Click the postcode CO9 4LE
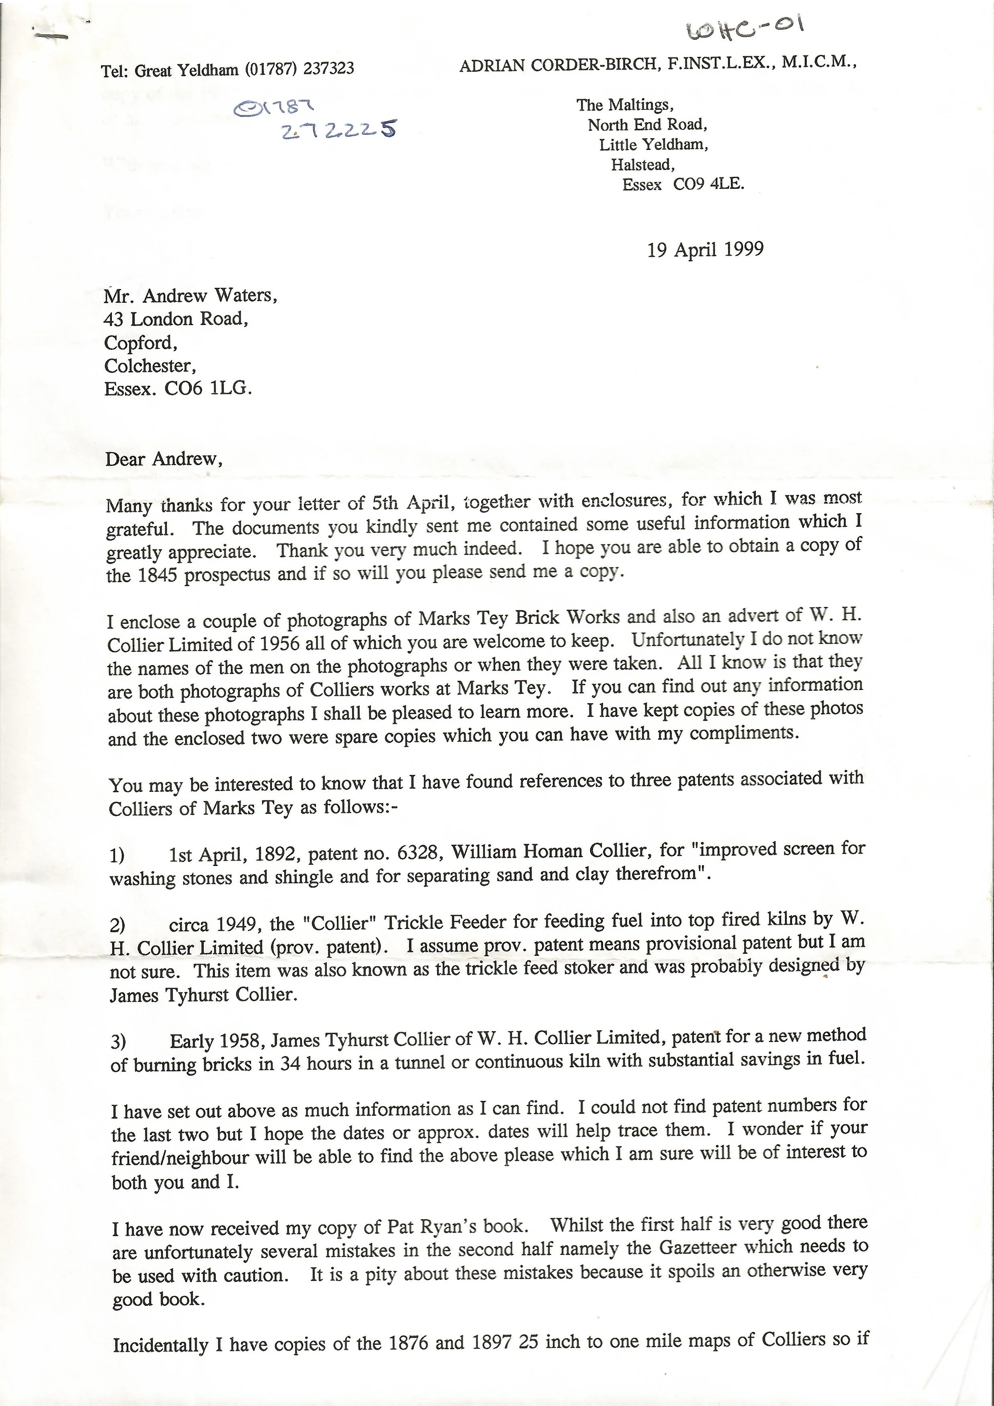click(709, 184)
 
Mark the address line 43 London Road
click(176, 319)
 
